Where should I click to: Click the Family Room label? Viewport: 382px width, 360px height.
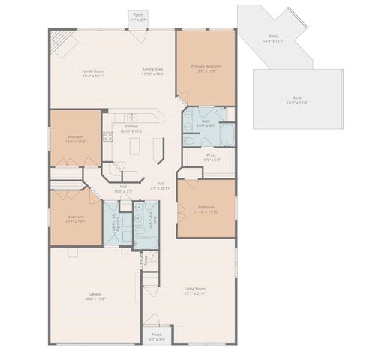(x=92, y=73)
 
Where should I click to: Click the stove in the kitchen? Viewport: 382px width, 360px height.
(x=108, y=136)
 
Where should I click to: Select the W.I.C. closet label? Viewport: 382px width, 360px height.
(x=212, y=157)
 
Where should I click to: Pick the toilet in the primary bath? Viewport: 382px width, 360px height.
(x=190, y=141)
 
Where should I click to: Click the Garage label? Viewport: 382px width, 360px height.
(x=95, y=295)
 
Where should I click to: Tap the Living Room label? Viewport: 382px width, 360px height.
(x=195, y=290)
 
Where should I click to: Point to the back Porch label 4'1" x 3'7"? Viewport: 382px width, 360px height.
(x=138, y=17)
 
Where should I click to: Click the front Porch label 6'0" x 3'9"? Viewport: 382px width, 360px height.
(x=157, y=337)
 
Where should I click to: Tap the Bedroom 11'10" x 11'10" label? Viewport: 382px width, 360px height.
(x=207, y=208)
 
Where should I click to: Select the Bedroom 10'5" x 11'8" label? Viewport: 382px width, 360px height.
(x=76, y=139)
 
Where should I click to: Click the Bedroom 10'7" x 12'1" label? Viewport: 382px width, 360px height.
(x=76, y=219)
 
